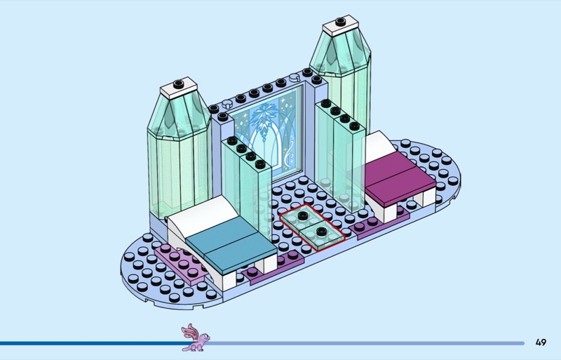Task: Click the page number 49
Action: (x=540, y=342)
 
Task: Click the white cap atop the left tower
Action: (x=180, y=91)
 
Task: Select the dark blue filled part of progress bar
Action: (x=91, y=343)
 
